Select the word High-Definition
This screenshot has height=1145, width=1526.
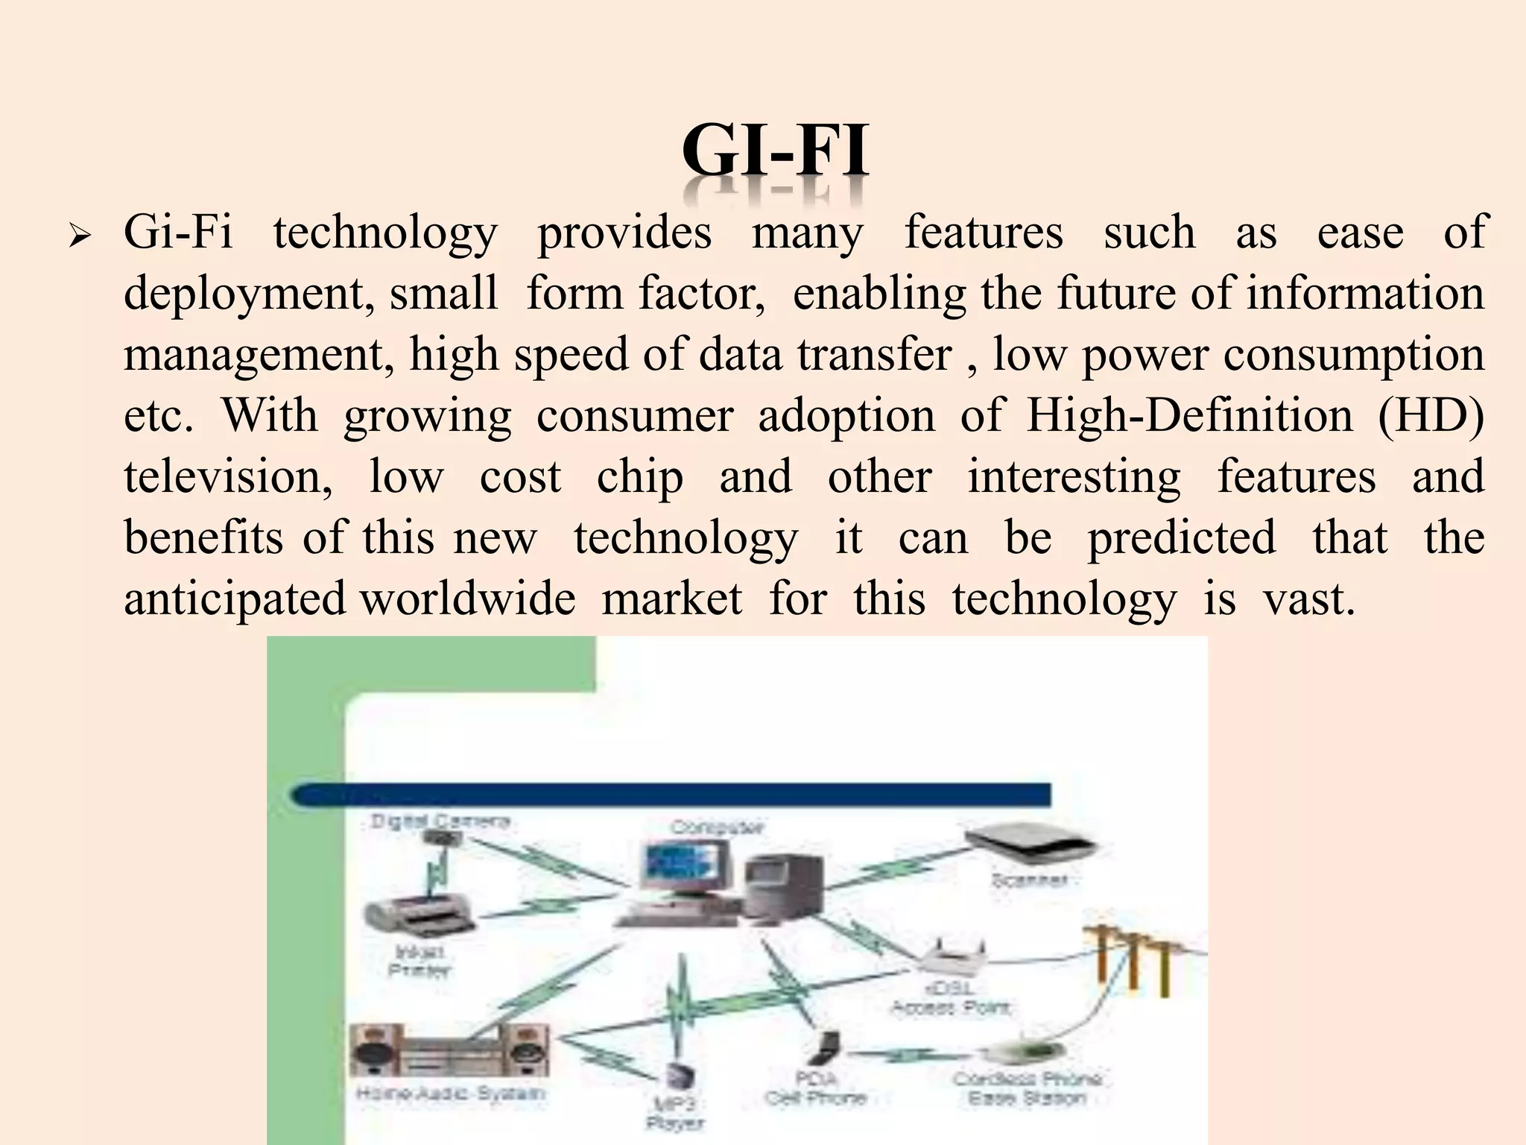pyautogui.click(x=1189, y=416)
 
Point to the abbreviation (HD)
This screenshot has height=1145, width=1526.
pyautogui.click(x=1431, y=416)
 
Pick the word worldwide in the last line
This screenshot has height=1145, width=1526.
pyautogui.click(x=468, y=599)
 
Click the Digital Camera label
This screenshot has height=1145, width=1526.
pyautogui.click(x=440, y=821)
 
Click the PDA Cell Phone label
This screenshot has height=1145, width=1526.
pyautogui.click(x=815, y=1088)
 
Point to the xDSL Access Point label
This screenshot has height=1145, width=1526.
pyautogui.click(x=950, y=997)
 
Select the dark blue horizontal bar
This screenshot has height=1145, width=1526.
pyautogui.click(x=671, y=795)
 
